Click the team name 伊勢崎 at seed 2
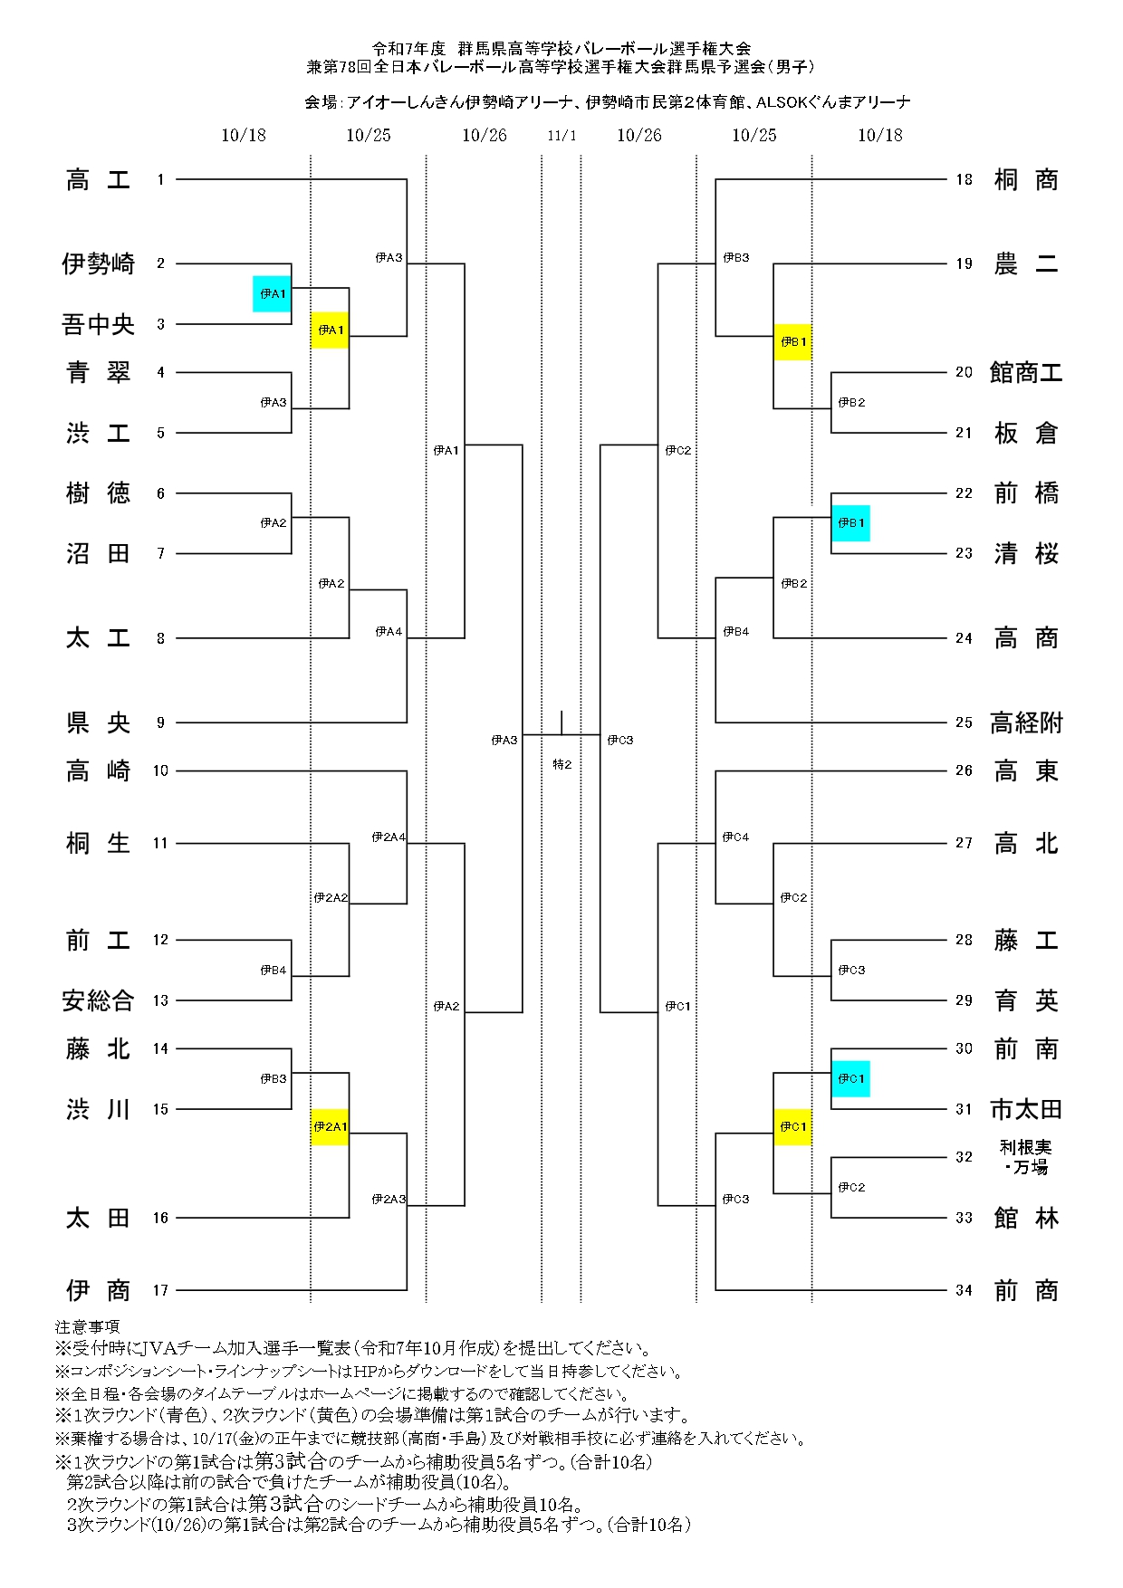tap(98, 263)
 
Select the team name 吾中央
tap(98, 324)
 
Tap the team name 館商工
tap(1025, 372)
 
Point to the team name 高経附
tap(1025, 722)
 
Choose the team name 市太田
tap(1025, 1109)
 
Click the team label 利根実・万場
tap(1025, 1157)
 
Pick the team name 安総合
tap(98, 1000)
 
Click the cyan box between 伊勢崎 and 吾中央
tap(272, 293)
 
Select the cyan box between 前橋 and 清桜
tap(850, 523)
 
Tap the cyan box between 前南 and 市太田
tap(850, 1078)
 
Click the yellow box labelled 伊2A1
tap(330, 1127)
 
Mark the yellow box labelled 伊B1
tap(792, 342)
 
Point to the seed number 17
tap(160, 1290)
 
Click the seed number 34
tap(964, 1290)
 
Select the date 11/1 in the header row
tap(561, 136)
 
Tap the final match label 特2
tap(561, 765)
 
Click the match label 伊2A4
tap(388, 837)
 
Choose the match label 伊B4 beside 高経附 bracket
tap(735, 632)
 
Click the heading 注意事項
tap(87, 1327)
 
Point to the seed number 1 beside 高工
tap(160, 179)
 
